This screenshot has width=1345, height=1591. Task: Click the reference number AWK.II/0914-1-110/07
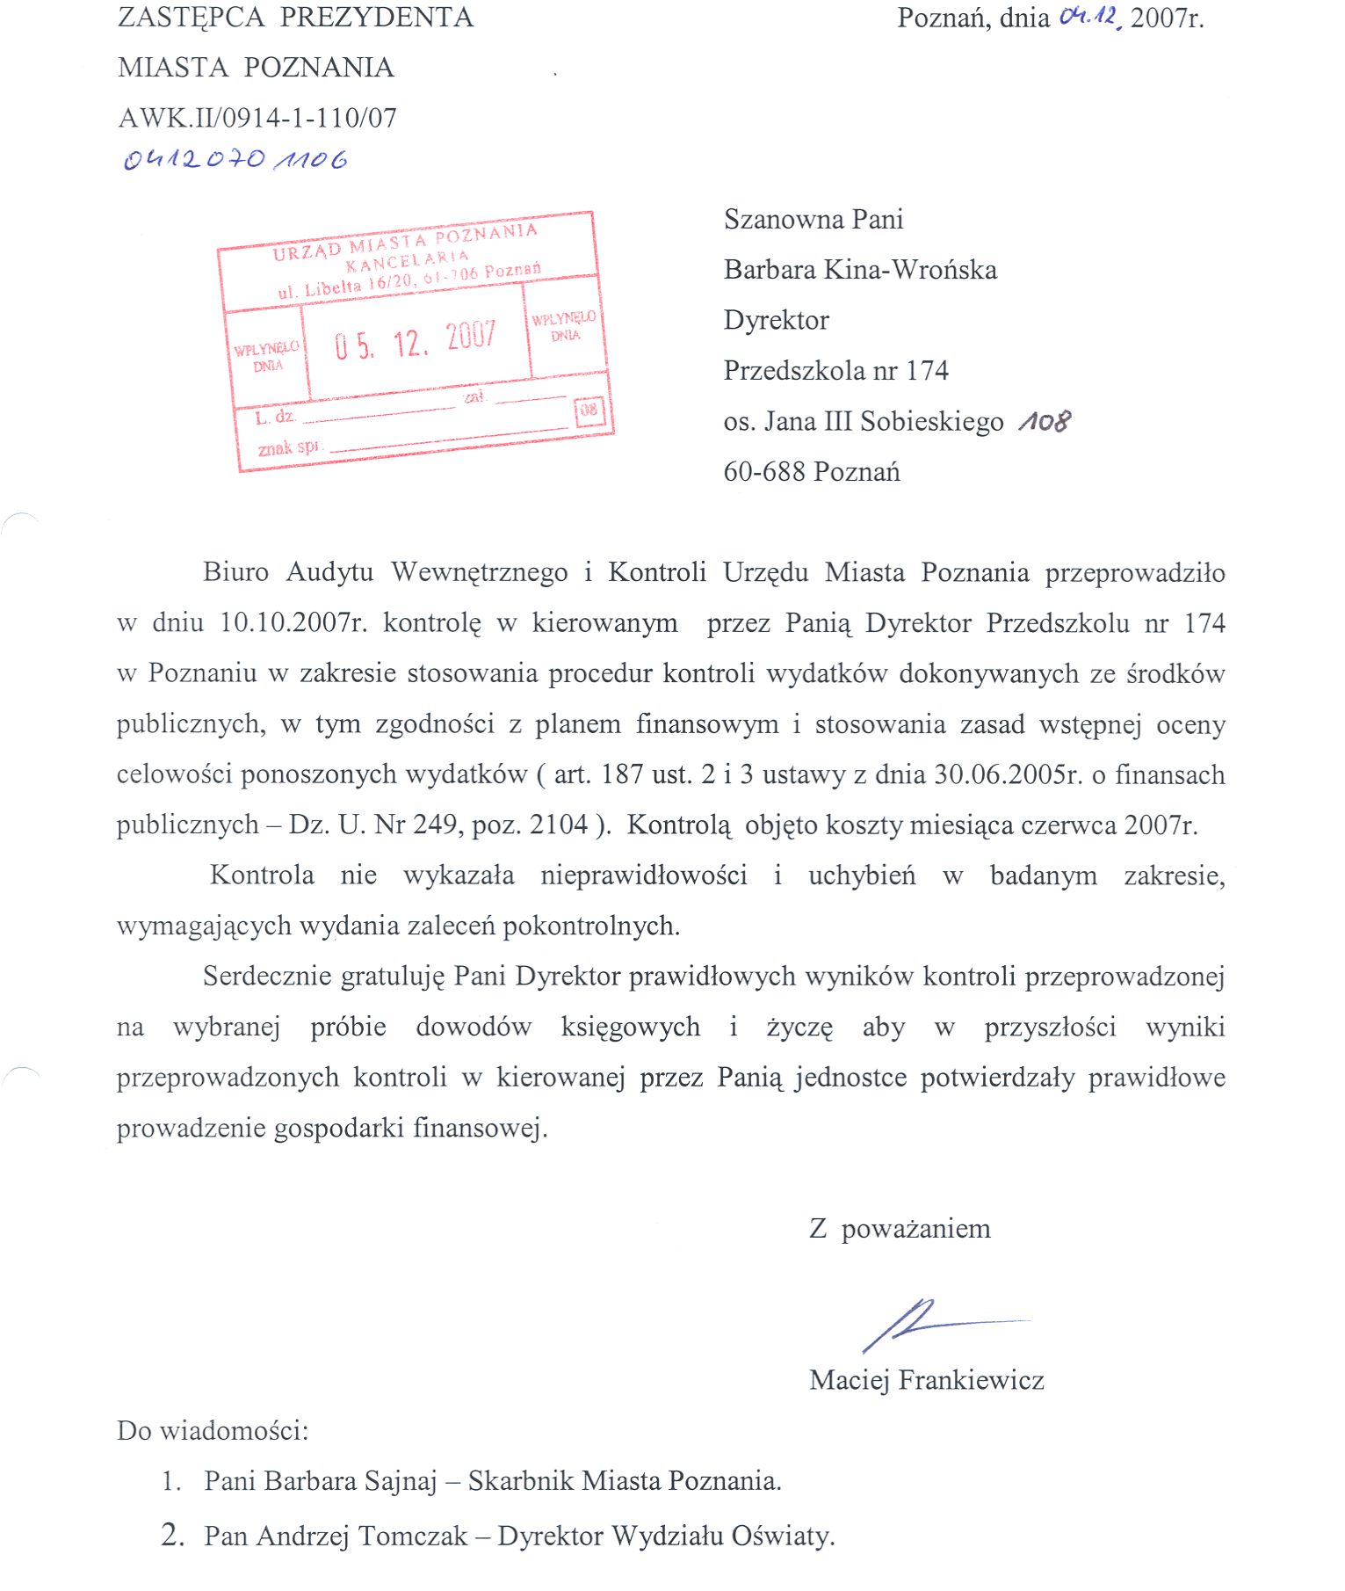(257, 118)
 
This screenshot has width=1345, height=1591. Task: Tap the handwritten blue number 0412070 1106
(235, 159)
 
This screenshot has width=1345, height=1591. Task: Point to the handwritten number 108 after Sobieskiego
(1045, 421)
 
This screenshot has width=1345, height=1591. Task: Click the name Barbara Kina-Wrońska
(860, 270)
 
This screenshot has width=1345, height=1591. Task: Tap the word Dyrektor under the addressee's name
(776, 320)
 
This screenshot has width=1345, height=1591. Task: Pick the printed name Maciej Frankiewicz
(926, 1380)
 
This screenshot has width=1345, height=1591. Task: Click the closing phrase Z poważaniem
(899, 1229)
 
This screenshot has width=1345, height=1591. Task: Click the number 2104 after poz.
(559, 825)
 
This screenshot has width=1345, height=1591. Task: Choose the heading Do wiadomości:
(213, 1431)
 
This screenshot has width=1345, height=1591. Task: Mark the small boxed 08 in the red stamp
(589, 410)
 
